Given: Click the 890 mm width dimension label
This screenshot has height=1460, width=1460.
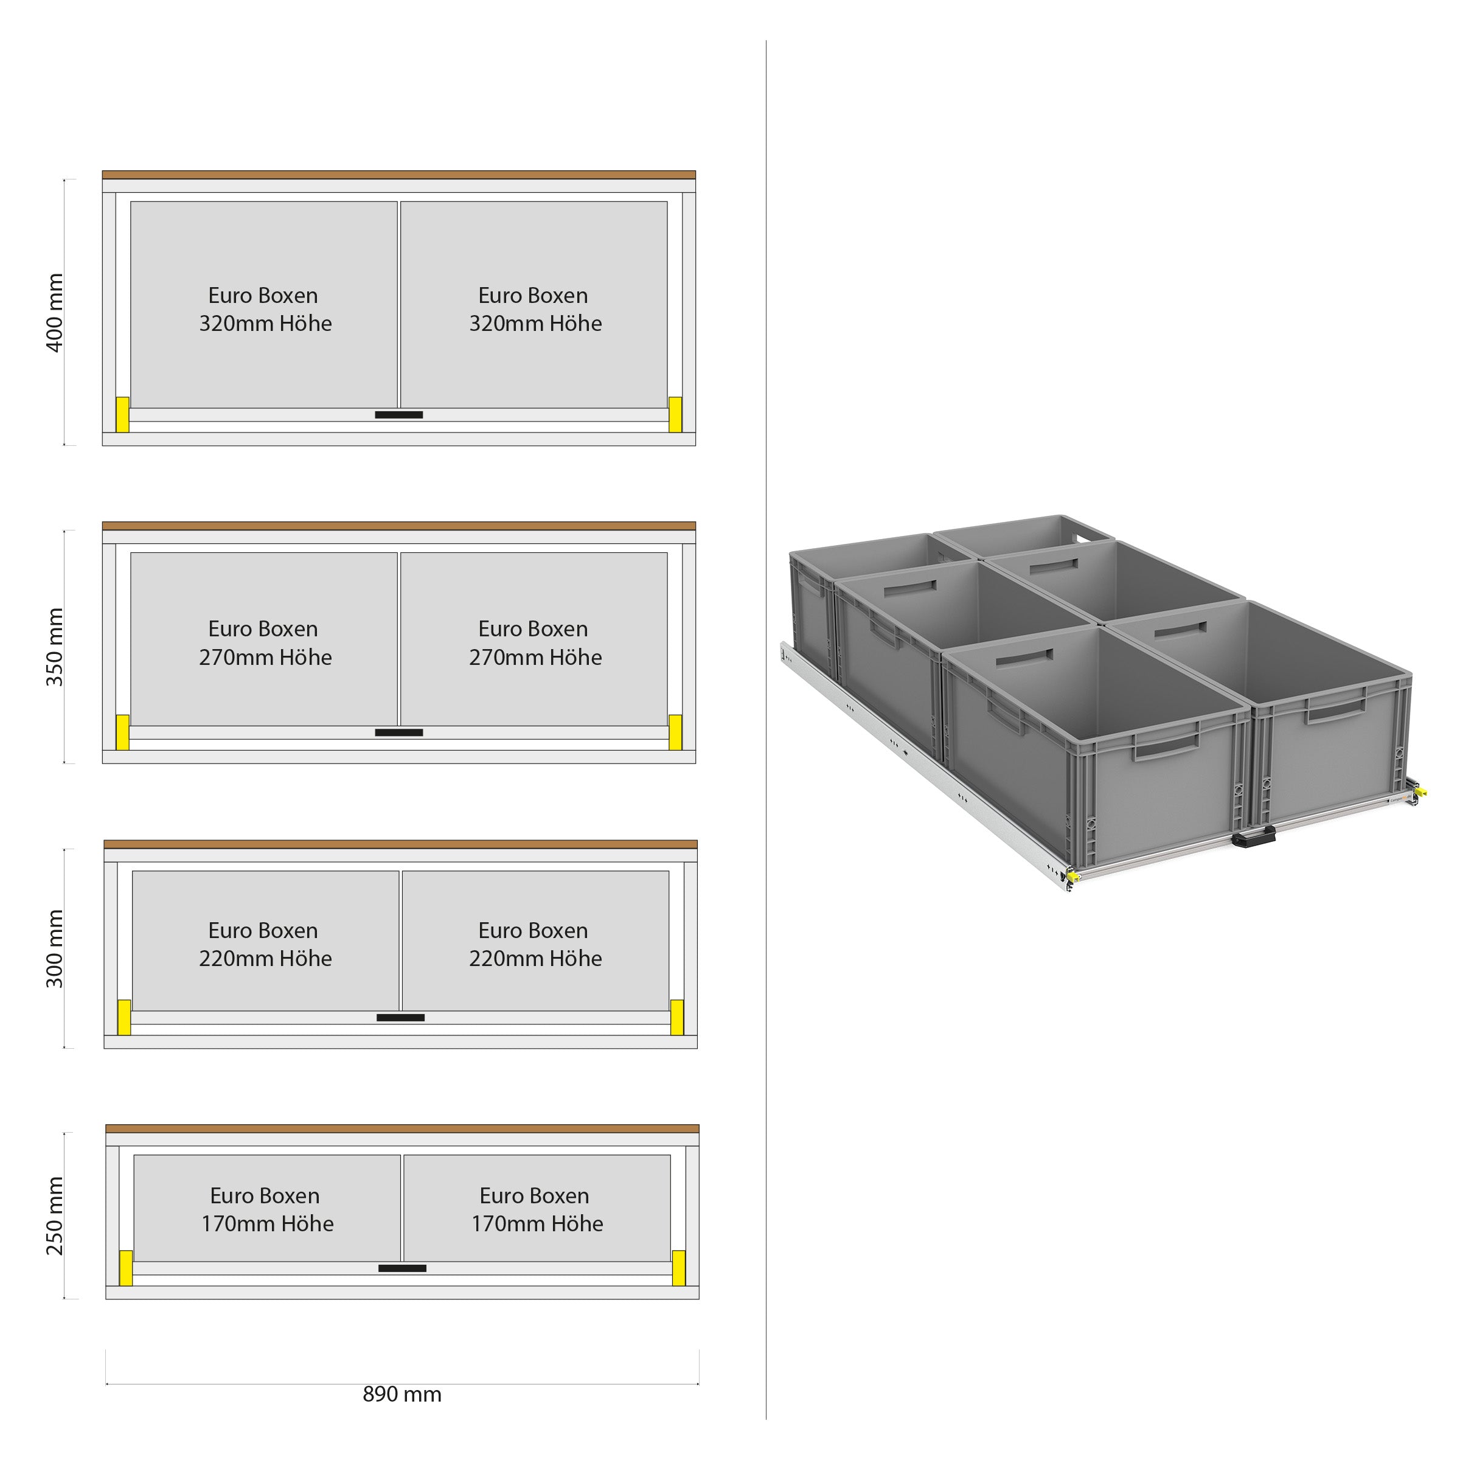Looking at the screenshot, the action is point(402,1394).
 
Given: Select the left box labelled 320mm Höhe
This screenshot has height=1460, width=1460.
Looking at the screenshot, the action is point(264,305).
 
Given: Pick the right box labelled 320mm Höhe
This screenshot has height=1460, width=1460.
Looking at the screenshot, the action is point(534,305).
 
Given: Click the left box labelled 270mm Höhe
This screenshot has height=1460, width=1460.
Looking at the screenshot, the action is point(264,639).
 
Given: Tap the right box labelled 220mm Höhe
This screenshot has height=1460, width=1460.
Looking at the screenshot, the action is point(535,941).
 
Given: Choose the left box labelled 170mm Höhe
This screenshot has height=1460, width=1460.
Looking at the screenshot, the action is point(267,1208).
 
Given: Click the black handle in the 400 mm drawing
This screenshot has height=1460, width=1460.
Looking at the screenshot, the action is point(399,415).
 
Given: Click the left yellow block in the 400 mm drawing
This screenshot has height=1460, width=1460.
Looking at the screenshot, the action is point(122,415).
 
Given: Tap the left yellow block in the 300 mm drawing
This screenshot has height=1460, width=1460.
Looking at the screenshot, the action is point(124,1017).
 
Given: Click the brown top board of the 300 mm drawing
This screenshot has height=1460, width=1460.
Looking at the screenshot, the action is point(400,844).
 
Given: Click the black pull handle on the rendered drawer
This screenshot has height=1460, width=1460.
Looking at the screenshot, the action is point(1254,835).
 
